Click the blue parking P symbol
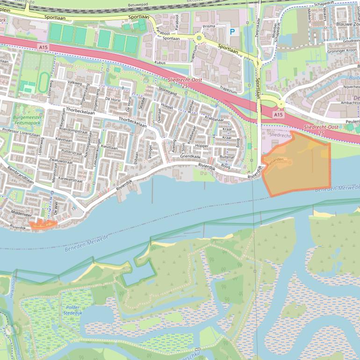(x=232, y=32)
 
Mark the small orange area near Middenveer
(x=43, y=224)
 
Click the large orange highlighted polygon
(x=299, y=166)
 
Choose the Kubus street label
(x=160, y=62)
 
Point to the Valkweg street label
(x=75, y=82)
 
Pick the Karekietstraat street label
(x=71, y=179)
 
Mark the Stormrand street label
(x=168, y=94)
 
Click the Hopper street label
(x=202, y=146)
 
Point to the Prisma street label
(x=209, y=26)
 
